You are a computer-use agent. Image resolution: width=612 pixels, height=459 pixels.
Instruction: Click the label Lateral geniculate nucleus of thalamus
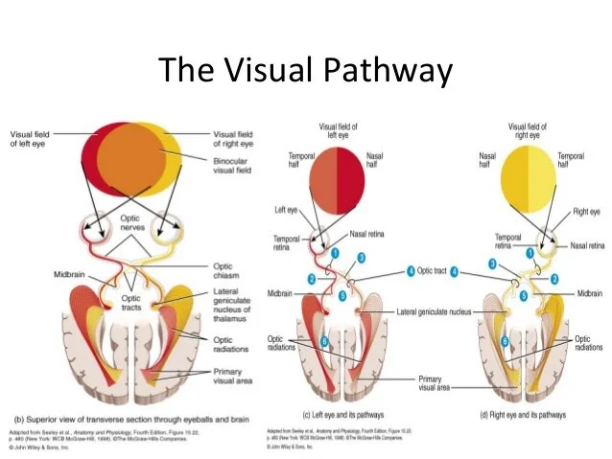click(236, 308)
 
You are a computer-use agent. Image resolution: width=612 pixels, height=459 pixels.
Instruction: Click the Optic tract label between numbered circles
click(432, 271)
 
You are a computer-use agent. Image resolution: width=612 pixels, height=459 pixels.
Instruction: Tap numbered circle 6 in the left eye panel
click(324, 341)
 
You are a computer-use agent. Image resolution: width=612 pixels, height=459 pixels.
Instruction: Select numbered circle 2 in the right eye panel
click(553, 279)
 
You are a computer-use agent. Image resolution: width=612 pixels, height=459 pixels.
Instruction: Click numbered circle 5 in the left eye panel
click(342, 296)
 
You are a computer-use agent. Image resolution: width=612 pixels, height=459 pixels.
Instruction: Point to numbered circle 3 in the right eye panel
click(492, 264)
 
